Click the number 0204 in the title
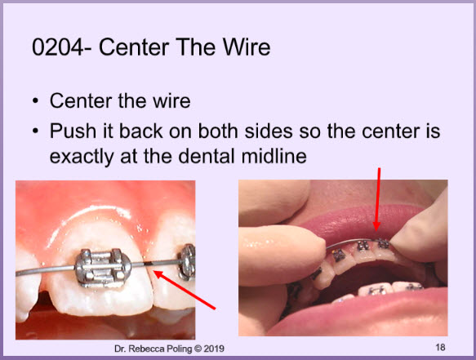coord(57,47)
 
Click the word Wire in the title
coord(247,47)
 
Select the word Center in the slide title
coord(134,47)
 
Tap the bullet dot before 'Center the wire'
coord(36,100)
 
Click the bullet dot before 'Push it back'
coord(36,131)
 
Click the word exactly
coord(81,158)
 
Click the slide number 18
coord(440,347)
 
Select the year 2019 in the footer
coord(214,349)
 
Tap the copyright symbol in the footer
coord(198,349)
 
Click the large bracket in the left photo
coord(103,268)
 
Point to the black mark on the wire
coord(149,264)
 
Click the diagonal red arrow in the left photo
coord(185,290)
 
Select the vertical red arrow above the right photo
coord(377,199)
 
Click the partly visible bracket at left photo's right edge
coord(188,262)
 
